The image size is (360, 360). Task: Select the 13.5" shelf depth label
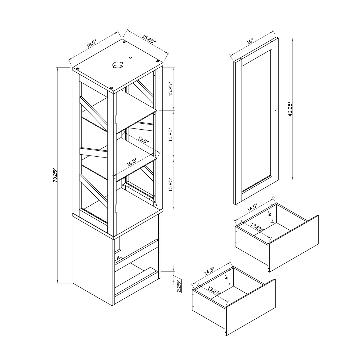pyautogui.click(x=143, y=140)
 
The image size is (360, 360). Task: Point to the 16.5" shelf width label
pyautogui.click(x=132, y=162)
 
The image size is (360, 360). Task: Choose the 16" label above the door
pyautogui.click(x=249, y=41)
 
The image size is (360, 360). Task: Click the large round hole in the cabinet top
pyautogui.click(x=118, y=65)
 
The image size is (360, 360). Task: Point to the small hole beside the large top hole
pyautogui.click(x=131, y=58)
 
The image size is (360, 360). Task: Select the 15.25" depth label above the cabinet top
pyautogui.click(x=149, y=39)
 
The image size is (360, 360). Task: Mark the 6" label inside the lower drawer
pyautogui.click(x=227, y=277)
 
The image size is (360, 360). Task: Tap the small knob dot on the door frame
pyautogui.click(x=275, y=111)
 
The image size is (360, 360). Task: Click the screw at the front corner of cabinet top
pyautogui.click(x=112, y=88)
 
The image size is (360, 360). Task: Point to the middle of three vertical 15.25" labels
pyautogui.click(x=170, y=134)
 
